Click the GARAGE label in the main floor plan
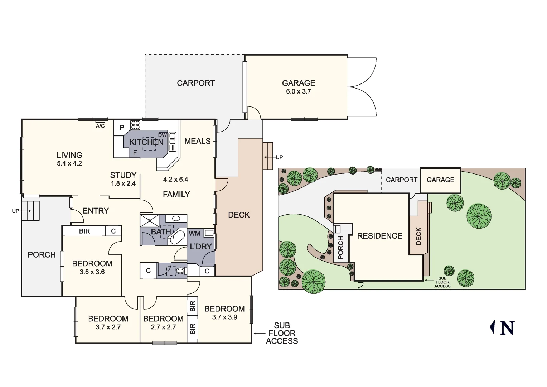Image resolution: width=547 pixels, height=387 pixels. pos(299,83)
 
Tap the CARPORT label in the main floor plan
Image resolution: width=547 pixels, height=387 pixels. pos(196,83)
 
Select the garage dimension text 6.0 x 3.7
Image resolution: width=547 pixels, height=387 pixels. pos(299,91)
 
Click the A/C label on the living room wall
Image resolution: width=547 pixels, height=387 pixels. pos(100,126)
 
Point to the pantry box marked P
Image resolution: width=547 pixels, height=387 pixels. pos(122,127)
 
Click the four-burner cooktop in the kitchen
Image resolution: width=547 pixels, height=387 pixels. pos(135,125)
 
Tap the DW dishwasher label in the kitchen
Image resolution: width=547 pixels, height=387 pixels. pos(163,135)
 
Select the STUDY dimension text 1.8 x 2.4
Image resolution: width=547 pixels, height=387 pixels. pos(124,183)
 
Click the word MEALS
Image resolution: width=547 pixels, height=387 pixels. pos(197,141)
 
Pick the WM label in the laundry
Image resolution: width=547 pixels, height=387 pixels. pos(195,234)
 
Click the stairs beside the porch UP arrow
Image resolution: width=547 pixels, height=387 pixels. pos(30,211)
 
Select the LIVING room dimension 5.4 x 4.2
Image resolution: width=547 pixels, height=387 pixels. pos(69,163)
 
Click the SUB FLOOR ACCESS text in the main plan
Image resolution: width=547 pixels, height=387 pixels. pos(282,333)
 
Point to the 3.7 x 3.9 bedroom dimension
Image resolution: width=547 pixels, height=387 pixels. pos(224,317)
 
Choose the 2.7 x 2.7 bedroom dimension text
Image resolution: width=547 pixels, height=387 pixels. pos(163,327)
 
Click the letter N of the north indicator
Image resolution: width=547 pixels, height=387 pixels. pos(507,328)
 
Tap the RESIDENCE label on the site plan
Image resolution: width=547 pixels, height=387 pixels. pos(380,236)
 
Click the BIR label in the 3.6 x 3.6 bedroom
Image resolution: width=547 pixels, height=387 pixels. pos(84,231)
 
